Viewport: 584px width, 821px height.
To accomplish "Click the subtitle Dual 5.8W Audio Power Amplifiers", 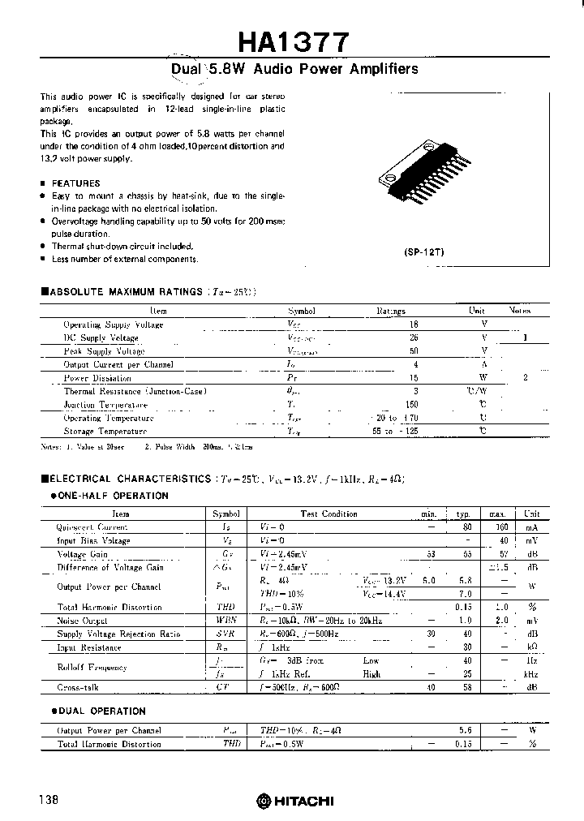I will (x=295, y=70).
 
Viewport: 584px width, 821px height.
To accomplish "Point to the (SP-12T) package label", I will (x=423, y=252).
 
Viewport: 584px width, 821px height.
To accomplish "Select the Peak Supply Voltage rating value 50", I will (x=391, y=351).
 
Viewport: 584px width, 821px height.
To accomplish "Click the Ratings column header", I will (x=390, y=311).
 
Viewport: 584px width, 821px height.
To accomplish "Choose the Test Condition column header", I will (x=328, y=514).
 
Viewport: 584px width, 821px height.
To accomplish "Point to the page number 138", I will (x=48, y=800).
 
